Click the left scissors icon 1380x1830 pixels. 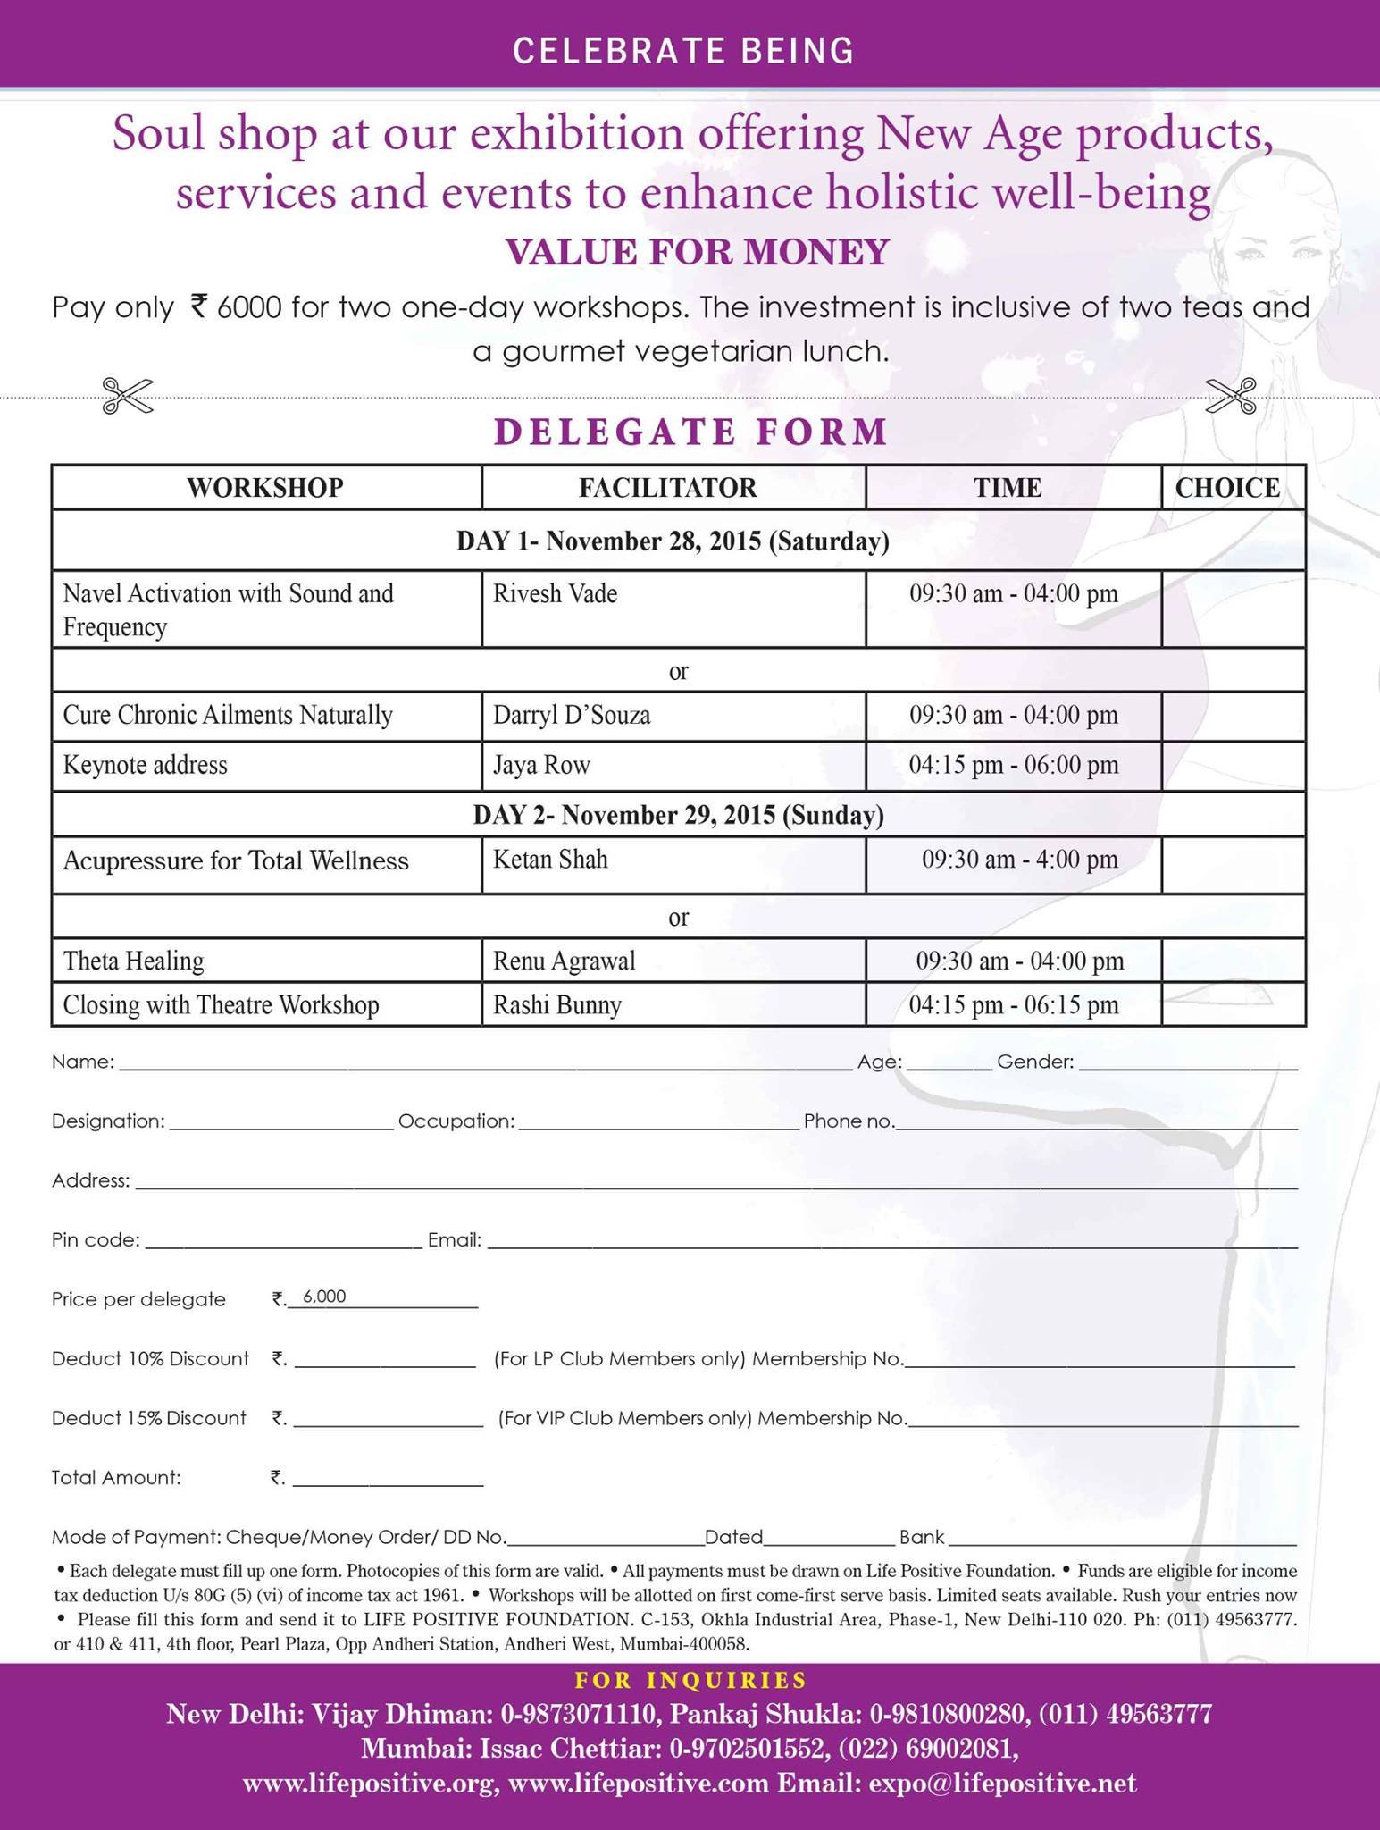(128, 395)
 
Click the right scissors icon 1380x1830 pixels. (1231, 395)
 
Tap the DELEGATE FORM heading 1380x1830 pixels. (690, 432)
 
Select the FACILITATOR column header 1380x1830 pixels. (667, 488)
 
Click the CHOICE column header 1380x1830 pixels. (1227, 488)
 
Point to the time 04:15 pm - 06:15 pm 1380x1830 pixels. (1014, 1005)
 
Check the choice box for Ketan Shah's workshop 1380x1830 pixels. (1233, 863)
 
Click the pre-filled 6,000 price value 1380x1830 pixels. (324, 1297)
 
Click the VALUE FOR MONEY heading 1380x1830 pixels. (698, 252)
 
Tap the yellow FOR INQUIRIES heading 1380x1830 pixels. (690, 1681)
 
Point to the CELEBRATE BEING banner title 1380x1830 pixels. (683, 51)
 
